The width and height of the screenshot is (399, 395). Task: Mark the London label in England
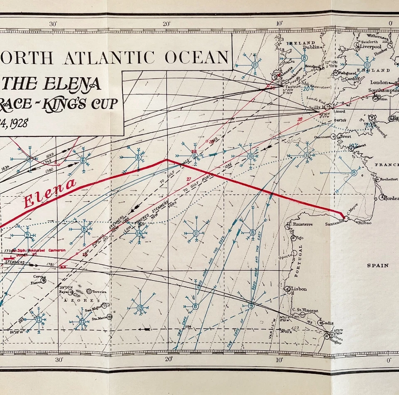click(x=379, y=82)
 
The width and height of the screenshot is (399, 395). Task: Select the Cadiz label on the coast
click(x=330, y=323)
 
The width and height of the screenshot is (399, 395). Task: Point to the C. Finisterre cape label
click(x=300, y=224)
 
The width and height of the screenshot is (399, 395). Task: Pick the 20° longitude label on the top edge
click(x=166, y=24)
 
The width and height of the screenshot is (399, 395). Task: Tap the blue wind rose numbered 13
click(x=140, y=307)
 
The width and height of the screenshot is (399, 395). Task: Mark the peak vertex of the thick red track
click(x=167, y=160)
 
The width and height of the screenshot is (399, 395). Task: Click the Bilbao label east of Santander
click(x=365, y=223)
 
